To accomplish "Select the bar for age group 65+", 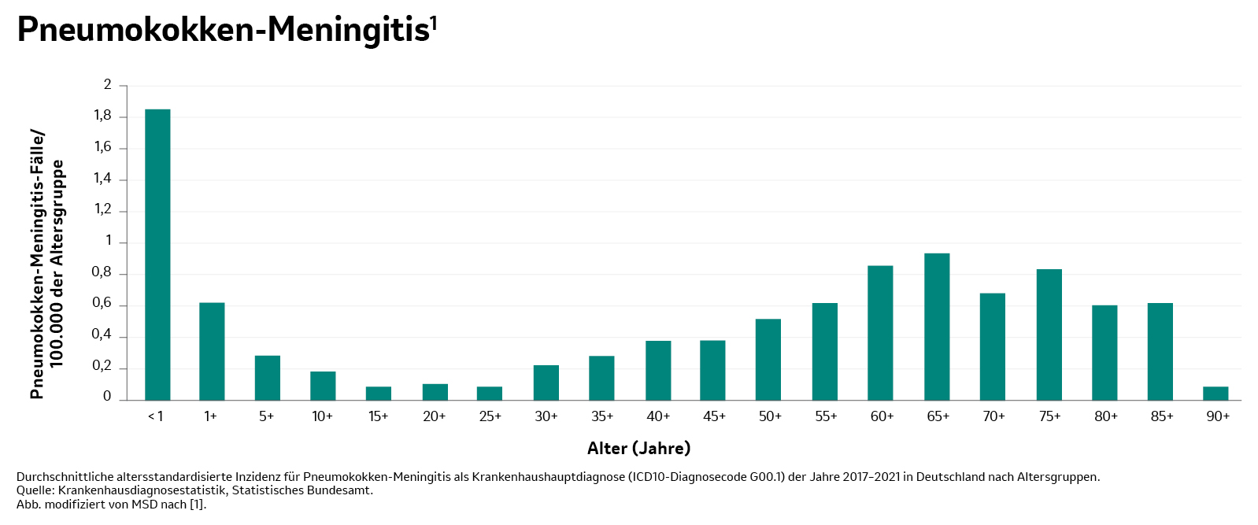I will pos(937,327).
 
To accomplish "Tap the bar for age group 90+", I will pos(1215,393).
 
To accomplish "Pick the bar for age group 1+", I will pos(212,351).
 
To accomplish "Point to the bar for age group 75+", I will pos(1049,335).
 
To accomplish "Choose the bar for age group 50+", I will pos(768,359).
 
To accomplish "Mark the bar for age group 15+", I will pos(379,393).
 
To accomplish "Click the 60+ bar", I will pos(880,333).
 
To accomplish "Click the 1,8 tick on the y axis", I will pos(103,116).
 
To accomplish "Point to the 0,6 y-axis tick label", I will pos(102,304).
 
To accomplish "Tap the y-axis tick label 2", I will pos(108,85).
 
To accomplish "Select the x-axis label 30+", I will pos(546,416).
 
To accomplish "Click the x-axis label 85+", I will pos(1161,416).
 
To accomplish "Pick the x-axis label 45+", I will pos(714,416).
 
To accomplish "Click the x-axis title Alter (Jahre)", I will pos(638,449).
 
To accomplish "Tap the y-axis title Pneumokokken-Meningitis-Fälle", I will pos(37,264).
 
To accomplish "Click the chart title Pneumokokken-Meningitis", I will pos(223,30).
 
